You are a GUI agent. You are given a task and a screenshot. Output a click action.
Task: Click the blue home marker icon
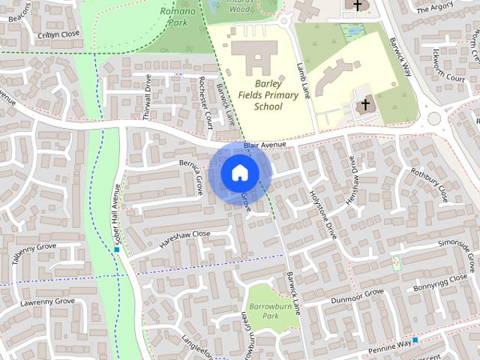point(239,172)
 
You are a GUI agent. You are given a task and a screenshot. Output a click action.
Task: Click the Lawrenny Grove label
point(48,302)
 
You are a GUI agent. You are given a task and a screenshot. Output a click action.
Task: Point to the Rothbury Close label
point(428,183)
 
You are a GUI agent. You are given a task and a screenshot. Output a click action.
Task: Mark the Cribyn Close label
point(58,34)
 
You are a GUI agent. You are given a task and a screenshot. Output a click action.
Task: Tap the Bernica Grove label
point(191,175)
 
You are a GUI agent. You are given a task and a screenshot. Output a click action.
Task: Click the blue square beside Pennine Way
point(415,340)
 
